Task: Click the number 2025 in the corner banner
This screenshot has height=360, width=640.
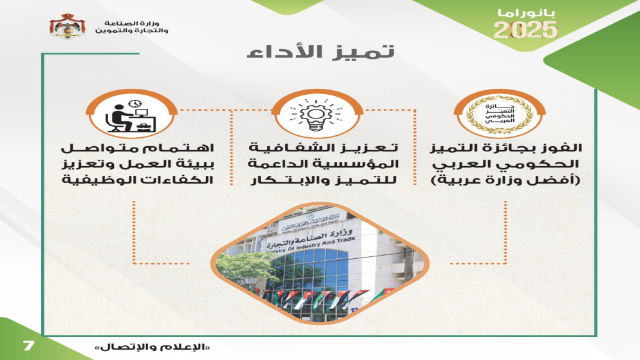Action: [x=525, y=30]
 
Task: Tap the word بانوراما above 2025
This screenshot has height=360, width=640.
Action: [x=527, y=13]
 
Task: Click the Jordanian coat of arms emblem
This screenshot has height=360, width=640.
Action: [x=68, y=26]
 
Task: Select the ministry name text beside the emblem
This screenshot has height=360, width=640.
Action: [x=132, y=27]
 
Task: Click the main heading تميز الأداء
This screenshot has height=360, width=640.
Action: [x=321, y=52]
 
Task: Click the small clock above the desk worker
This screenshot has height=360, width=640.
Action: [x=135, y=104]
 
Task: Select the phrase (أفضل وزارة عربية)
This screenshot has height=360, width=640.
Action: [x=506, y=180]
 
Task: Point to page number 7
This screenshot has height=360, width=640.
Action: [x=28, y=346]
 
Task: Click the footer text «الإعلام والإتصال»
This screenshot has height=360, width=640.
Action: [x=152, y=347]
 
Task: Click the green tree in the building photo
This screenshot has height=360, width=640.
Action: [x=245, y=267]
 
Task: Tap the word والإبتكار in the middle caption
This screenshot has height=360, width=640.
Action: [x=281, y=180]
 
